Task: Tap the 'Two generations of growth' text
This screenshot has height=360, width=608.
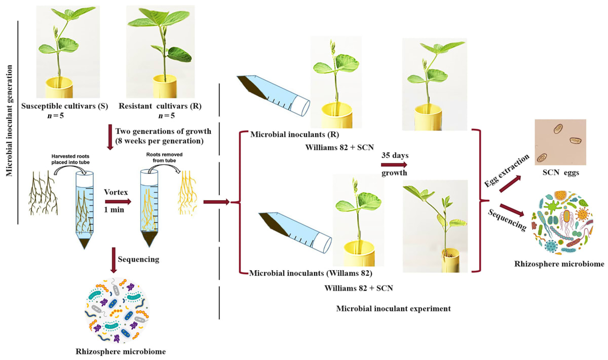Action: tap(160, 130)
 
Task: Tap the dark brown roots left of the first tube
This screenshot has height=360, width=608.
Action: tap(44, 198)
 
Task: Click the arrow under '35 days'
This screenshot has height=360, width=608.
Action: tap(395, 165)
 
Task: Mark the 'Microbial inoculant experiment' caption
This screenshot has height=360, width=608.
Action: tap(393, 308)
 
